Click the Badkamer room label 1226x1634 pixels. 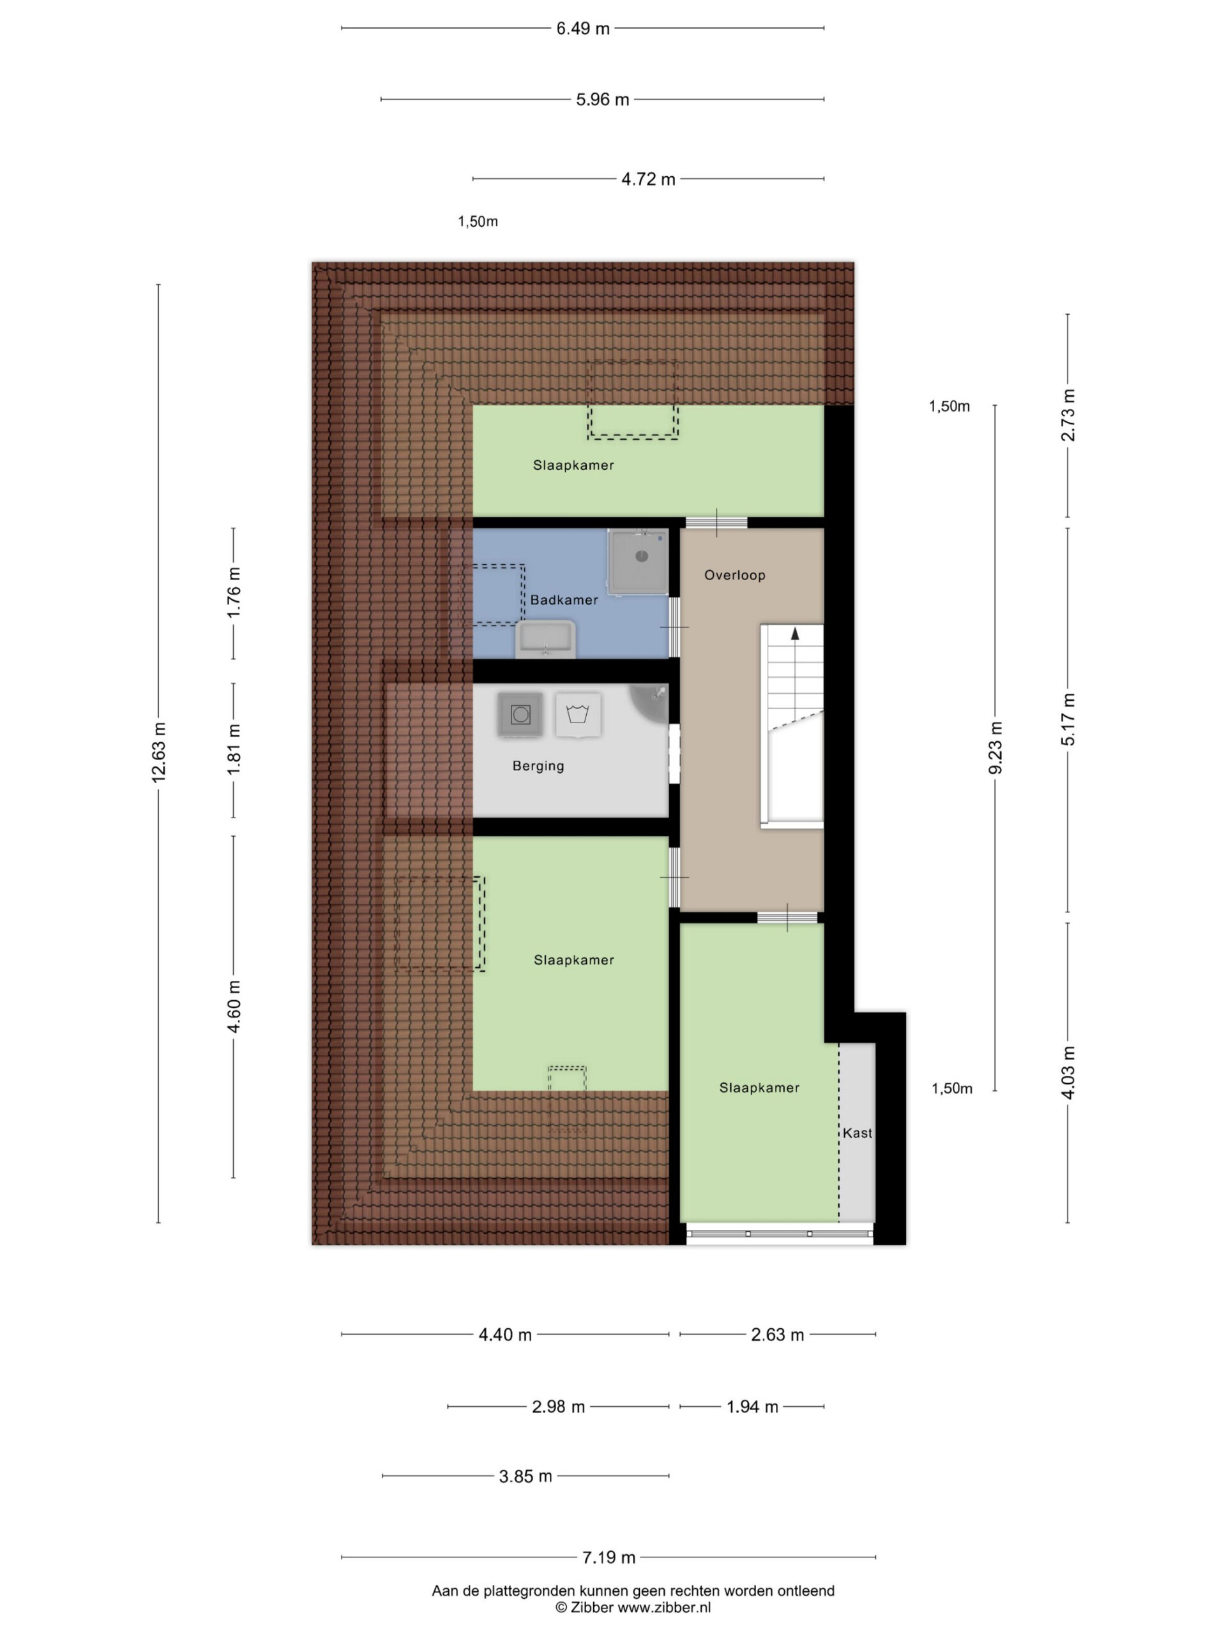tap(564, 600)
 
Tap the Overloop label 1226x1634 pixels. tap(734, 574)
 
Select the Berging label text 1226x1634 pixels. tap(538, 766)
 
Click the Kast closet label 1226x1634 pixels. tap(857, 1132)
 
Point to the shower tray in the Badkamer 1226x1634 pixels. tap(639, 562)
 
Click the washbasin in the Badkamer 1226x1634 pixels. tap(545, 639)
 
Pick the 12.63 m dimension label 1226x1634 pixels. tap(158, 753)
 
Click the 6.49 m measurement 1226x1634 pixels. tap(583, 29)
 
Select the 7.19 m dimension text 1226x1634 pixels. tap(609, 1557)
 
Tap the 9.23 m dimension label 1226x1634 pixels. tap(995, 747)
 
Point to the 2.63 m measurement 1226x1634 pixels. tap(778, 1334)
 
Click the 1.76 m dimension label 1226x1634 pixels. tap(234, 592)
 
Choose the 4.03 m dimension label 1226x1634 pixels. tap(1068, 1072)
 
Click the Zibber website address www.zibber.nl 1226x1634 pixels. tap(664, 1607)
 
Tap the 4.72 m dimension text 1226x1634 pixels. tap(648, 179)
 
